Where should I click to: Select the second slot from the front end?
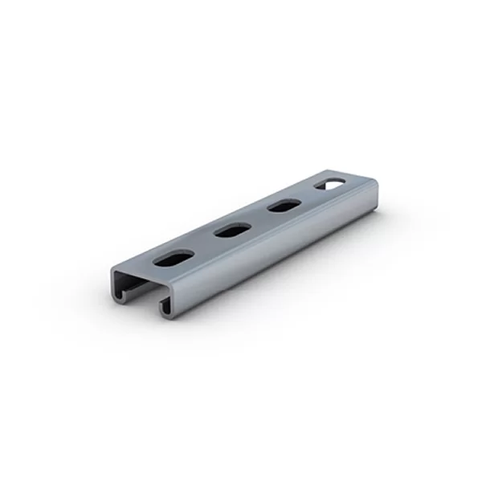click(232, 231)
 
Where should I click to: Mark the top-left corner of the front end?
click(113, 272)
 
